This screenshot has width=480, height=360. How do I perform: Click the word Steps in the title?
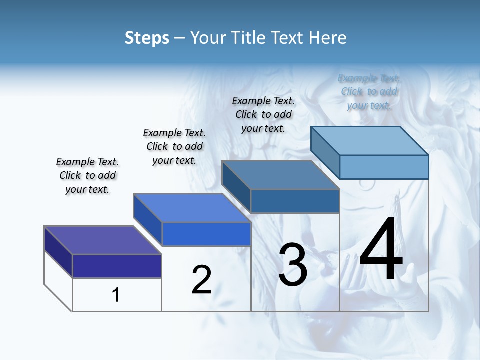147,38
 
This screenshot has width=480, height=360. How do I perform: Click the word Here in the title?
327,38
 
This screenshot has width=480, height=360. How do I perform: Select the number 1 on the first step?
116,295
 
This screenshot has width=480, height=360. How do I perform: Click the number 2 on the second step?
201,280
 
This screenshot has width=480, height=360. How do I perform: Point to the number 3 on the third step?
293,265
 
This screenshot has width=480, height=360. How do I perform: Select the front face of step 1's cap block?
117,266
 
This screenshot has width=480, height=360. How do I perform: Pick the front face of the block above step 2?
206,234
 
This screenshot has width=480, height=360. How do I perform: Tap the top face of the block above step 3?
280,175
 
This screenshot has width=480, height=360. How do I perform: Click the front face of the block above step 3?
295,201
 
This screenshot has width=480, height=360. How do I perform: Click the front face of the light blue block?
384,167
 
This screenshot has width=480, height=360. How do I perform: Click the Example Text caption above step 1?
87,175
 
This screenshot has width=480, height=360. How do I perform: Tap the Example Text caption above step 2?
174,146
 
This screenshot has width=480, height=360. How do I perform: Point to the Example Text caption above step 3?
263,114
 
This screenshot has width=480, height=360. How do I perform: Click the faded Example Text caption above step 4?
369,91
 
